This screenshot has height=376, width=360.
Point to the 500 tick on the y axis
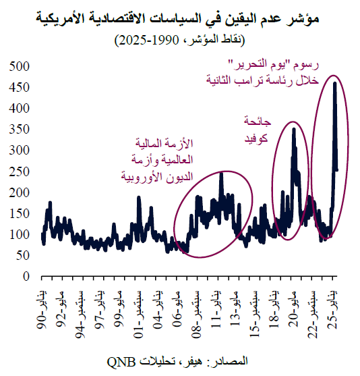[21, 66]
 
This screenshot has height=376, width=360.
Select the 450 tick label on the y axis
[21, 87]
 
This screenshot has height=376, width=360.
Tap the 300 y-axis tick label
[21, 150]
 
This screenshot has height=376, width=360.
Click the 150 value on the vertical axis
[21, 213]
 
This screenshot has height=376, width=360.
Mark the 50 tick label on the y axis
[24, 255]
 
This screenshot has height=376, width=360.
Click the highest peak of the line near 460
[335, 83]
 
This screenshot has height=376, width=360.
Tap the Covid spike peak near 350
[293, 129]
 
